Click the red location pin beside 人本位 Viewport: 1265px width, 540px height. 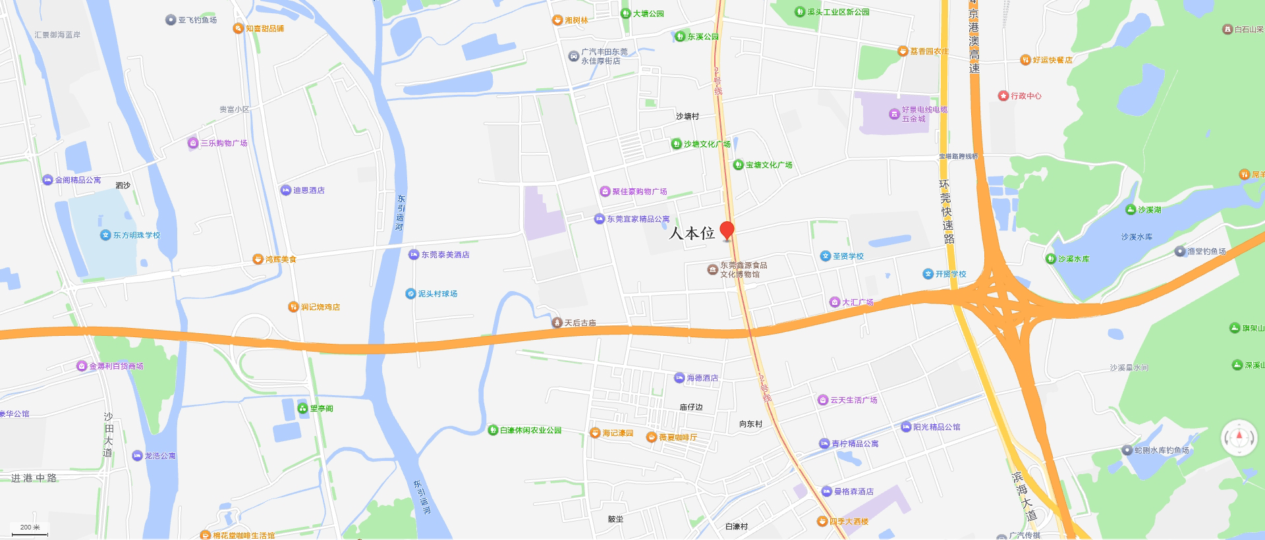727,230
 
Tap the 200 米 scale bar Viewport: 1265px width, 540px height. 30,530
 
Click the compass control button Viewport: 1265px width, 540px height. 1239,437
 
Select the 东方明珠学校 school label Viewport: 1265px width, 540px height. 136,235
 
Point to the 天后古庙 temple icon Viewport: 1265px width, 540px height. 557,323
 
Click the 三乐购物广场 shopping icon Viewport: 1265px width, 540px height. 192,143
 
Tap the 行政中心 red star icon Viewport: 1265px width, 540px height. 1003,95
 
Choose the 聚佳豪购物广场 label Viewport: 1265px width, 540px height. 639,192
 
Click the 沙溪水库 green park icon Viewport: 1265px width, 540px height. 1051,259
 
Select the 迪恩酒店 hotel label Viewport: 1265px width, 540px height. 308,190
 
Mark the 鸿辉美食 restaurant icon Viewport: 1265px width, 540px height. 258,259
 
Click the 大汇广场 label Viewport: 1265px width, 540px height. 857,302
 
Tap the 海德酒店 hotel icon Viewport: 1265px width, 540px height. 679,378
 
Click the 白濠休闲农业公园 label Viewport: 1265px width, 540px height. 530,430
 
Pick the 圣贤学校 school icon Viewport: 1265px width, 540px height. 825,256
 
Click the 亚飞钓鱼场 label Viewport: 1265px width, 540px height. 197,20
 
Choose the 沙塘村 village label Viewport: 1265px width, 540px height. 687,117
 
